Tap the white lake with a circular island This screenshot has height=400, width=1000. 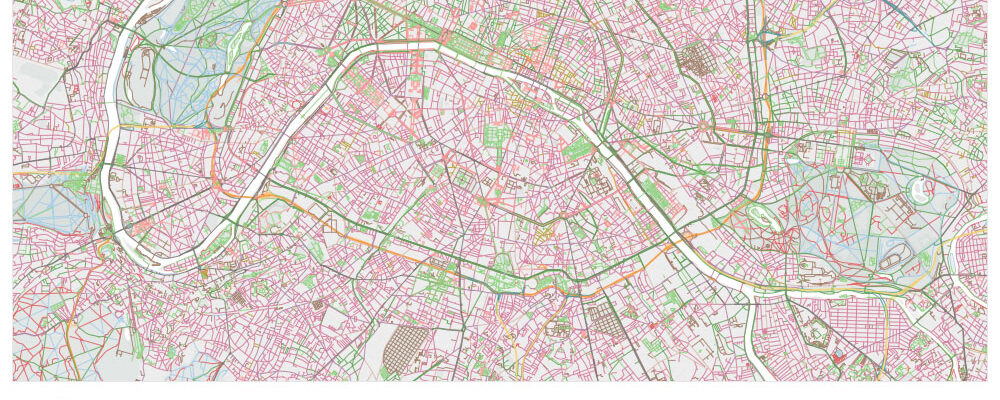(920, 189)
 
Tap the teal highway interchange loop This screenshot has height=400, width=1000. (768, 37)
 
